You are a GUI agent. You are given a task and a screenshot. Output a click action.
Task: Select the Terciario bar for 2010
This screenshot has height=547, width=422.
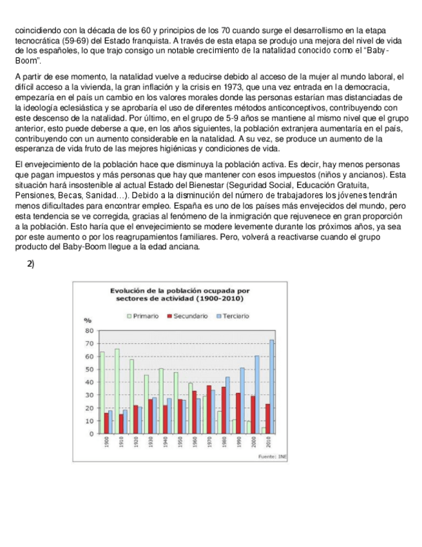click(x=271, y=387)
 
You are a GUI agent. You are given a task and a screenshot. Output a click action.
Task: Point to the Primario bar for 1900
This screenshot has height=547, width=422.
click(x=102, y=392)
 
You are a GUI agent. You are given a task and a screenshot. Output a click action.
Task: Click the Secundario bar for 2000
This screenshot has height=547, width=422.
click(x=253, y=415)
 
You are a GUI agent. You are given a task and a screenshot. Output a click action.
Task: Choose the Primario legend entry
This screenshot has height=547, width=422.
click(x=143, y=316)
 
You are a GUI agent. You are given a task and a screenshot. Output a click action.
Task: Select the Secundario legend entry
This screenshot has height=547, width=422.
click(x=187, y=316)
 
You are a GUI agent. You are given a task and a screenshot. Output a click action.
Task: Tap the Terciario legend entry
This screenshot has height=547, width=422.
click(x=231, y=316)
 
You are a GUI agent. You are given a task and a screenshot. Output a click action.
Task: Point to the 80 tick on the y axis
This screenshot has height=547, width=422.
click(x=89, y=330)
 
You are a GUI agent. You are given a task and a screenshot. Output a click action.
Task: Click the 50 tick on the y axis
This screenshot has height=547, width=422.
click(x=89, y=369)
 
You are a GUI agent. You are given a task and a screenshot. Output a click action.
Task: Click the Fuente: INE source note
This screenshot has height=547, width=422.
click(x=271, y=456)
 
